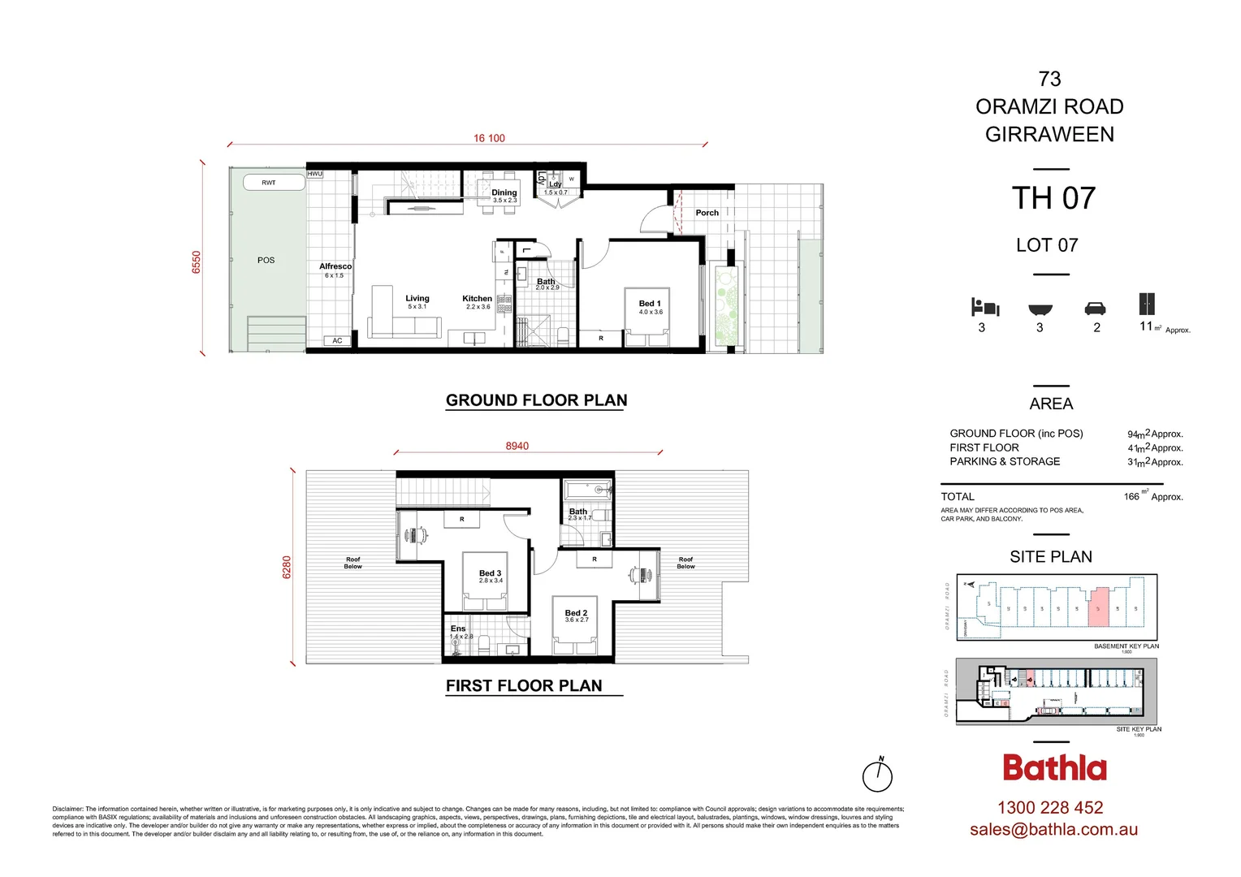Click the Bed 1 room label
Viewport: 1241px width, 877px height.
click(x=650, y=304)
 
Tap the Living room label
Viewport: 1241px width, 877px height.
click(x=417, y=299)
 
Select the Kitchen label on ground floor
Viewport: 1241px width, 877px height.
click(x=477, y=299)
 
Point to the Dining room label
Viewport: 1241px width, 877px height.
click(x=504, y=193)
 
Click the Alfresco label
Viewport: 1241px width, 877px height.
click(x=335, y=266)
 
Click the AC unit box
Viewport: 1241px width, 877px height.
click(x=337, y=341)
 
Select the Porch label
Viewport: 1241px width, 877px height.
click(x=707, y=213)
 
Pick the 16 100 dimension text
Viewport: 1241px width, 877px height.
click(x=489, y=138)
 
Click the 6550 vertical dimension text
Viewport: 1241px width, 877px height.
click(x=196, y=262)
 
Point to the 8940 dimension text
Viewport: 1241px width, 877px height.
click(x=517, y=446)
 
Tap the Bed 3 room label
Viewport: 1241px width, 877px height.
click(x=490, y=573)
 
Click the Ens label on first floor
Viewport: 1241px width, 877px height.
click(x=458, y=629)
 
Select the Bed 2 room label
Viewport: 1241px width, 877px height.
click(x=576, y=613)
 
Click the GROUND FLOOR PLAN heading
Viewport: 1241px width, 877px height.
click(x=536, y=400)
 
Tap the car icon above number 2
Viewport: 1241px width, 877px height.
click(x=1095, y=309)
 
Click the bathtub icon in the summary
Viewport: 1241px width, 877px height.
click(x=1040, y=309)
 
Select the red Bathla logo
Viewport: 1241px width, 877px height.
click(x=1054, y=768)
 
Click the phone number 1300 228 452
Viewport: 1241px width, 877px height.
click(x=1050, y=808)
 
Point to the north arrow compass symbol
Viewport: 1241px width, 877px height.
click(x=877, y=776)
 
